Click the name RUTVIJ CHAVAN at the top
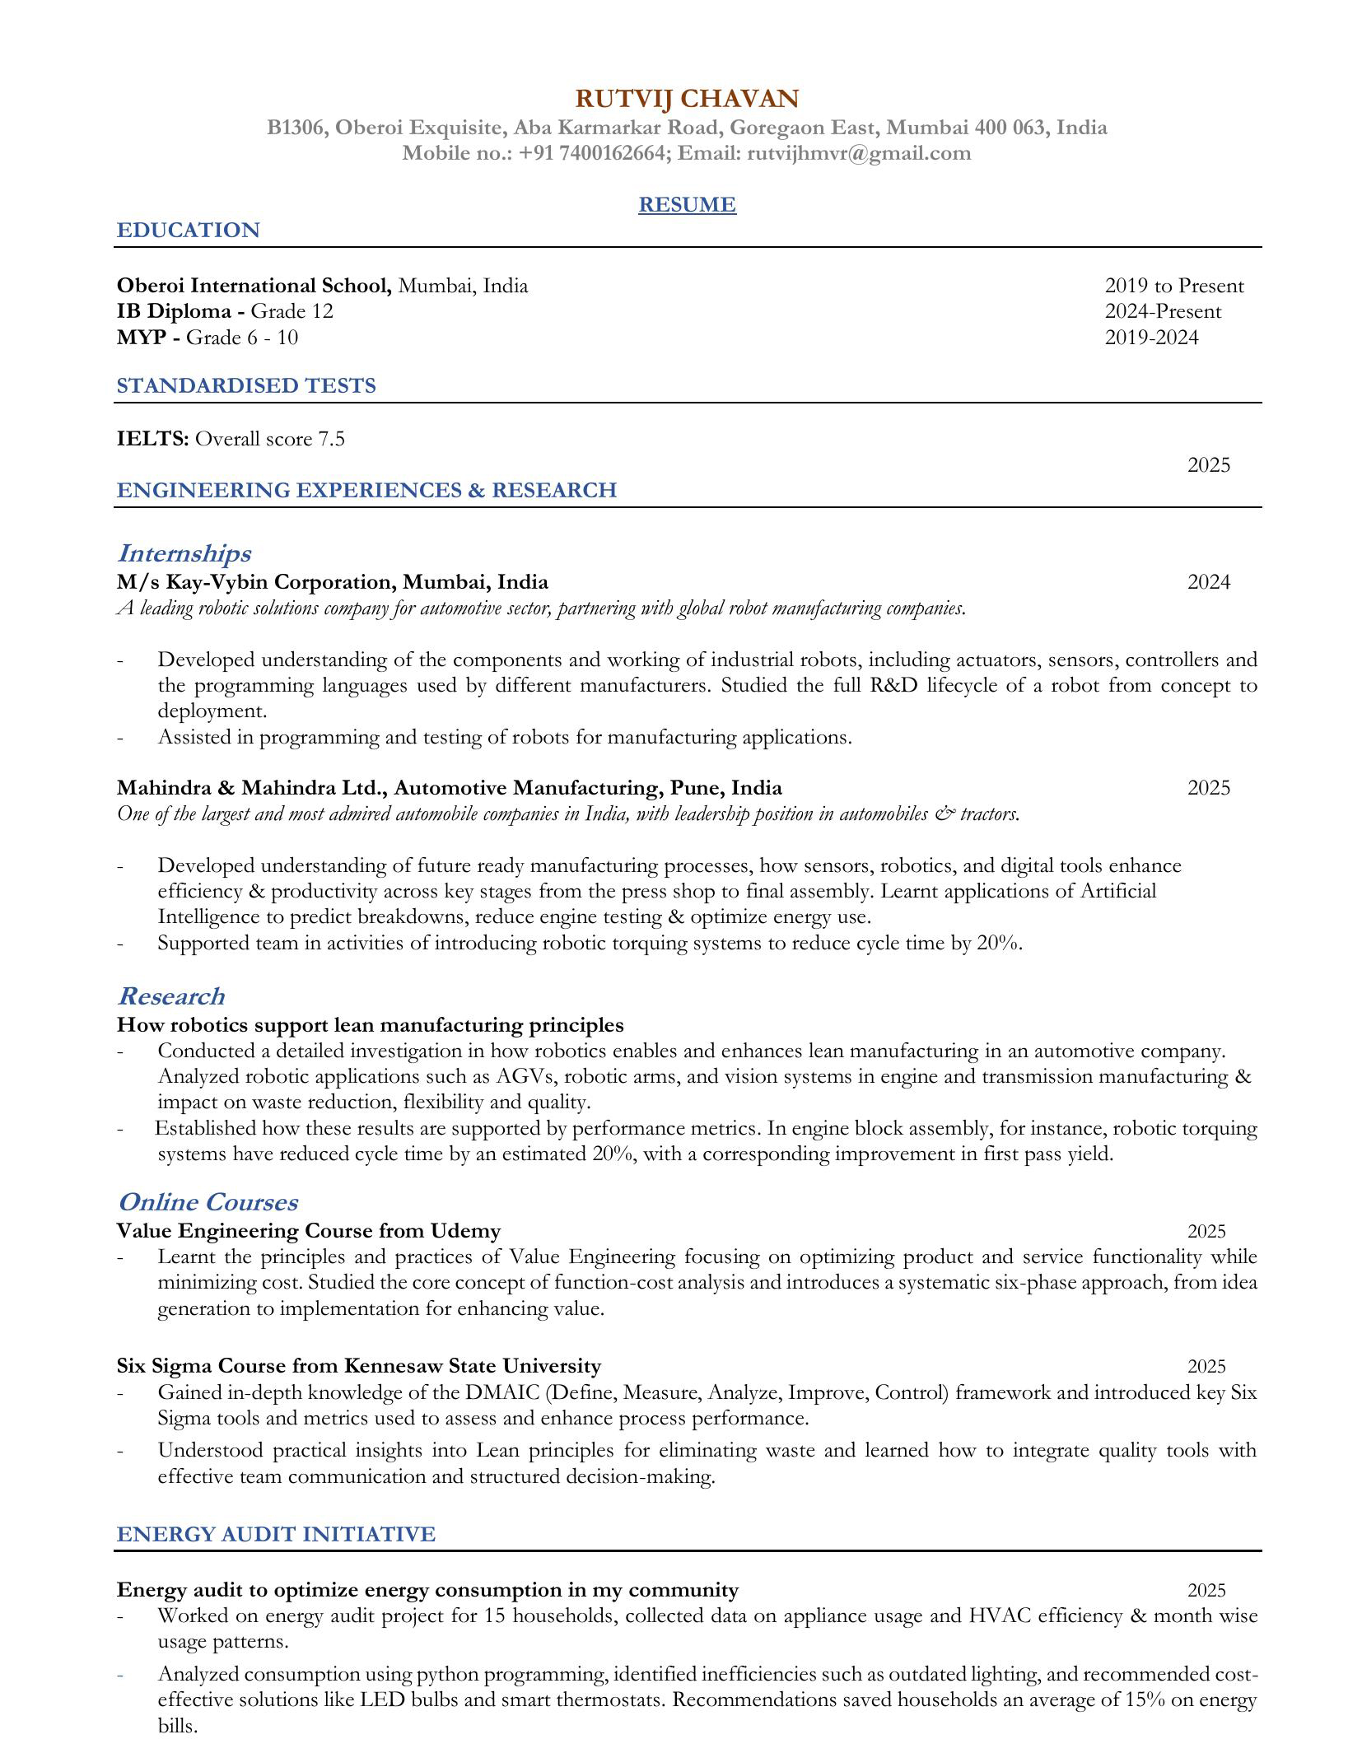point(686,99)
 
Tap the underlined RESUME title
point(686,204)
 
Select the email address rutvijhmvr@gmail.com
point(859,153)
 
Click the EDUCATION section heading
point(188,230)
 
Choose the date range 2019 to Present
point(1173,286)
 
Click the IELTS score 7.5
point(331,439)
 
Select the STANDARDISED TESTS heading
point(245,385)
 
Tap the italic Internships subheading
point(184,552)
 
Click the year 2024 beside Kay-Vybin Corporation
point(1208,582)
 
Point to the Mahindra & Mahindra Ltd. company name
point(252,788)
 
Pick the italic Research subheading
point(170,995)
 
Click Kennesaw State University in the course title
point(472,1366)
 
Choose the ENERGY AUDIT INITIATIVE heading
point(276,1534)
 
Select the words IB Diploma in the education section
point(174,311)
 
